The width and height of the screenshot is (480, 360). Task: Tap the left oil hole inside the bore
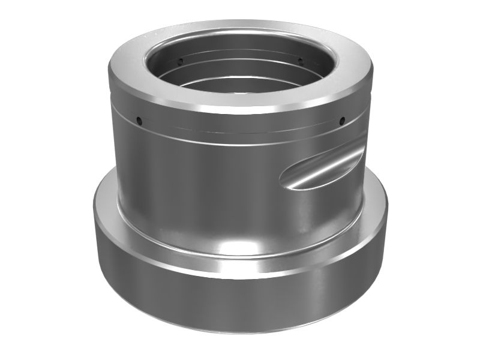(180, 61)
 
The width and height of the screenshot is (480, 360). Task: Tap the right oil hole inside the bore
(299, 61)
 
